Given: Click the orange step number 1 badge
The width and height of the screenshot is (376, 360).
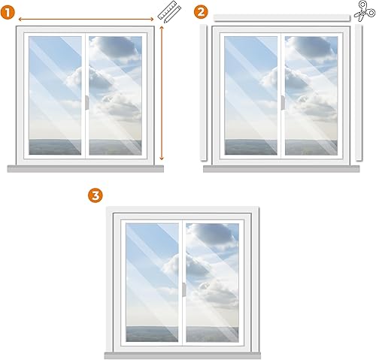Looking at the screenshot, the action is pos(8,12).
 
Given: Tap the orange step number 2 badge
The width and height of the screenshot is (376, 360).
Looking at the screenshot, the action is pos(201,12).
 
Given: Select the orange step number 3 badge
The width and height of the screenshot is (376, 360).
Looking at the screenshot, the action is pos(96,195).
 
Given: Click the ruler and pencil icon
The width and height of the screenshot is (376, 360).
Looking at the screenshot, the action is pos(169,12).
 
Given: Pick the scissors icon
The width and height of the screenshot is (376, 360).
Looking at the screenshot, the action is pos(364,11).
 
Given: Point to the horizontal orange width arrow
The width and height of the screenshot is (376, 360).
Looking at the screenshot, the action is pos(86,19).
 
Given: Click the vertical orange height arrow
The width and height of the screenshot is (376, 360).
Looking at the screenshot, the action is pos(162,93).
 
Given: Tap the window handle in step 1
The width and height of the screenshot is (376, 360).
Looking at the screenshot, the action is pos(87,102).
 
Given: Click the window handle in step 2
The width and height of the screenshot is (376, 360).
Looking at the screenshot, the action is pos(283,102).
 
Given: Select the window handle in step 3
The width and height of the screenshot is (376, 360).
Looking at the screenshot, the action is pos(184,289).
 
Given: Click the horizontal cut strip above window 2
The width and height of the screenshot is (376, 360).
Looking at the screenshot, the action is pos(282,18).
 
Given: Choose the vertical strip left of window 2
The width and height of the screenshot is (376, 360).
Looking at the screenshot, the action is pos(204,92).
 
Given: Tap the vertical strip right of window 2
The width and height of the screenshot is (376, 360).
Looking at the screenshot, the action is pos(359,92).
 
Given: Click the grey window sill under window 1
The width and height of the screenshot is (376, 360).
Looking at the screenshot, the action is pos(86,169).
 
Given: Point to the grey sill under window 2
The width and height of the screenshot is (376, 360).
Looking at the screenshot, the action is pos(281,169).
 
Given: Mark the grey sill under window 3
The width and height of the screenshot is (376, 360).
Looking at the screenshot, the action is pos(183,355).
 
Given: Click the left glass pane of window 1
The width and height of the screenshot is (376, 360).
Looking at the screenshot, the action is pos(55,95).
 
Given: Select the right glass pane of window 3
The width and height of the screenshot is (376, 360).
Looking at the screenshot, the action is pos(212,283).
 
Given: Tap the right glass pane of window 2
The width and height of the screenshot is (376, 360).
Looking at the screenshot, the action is pos(311,95).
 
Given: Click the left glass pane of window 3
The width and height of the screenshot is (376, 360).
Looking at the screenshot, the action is pos(152,283).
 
